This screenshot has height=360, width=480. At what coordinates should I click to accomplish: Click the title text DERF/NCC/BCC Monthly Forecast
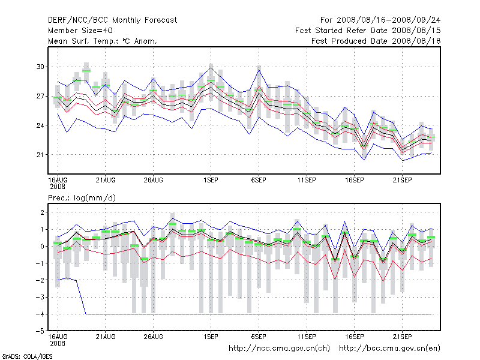112,20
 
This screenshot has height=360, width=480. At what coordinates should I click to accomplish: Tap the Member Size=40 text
80,31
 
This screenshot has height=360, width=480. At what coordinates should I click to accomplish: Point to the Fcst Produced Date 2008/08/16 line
376,41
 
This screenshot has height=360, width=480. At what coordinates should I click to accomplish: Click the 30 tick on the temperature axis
41,67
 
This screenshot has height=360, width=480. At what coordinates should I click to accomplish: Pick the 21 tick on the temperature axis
41,155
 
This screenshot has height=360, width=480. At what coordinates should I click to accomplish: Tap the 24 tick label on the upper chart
41,125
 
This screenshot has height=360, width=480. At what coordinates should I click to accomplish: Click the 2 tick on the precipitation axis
41,212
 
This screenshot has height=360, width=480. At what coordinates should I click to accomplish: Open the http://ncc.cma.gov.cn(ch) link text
280,348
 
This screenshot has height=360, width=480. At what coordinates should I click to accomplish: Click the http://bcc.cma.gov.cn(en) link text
390,348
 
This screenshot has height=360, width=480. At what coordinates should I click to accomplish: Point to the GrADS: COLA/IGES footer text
20,356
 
